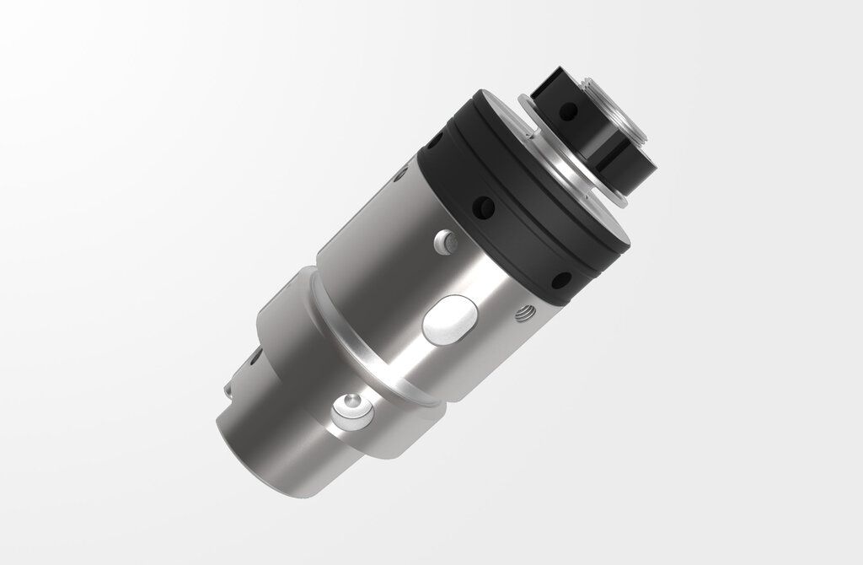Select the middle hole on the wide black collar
485,205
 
